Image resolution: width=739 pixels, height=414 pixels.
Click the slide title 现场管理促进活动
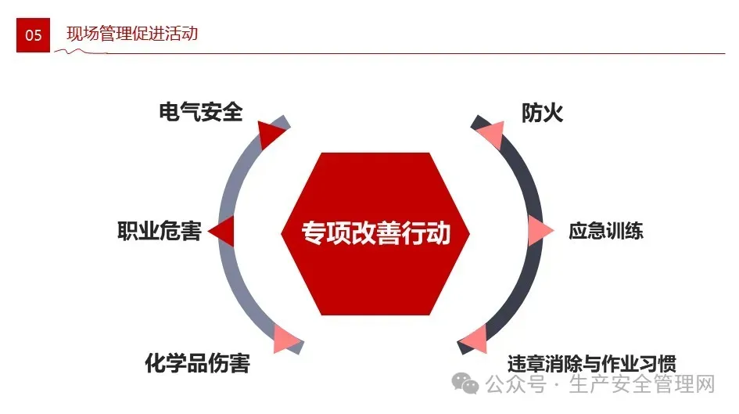click(x=132, y=34)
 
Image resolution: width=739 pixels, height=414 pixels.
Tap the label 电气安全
click(x=200, y=112)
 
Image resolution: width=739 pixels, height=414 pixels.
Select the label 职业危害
click(x=159, y=231)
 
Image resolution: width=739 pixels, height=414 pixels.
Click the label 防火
click(x=542, y=113)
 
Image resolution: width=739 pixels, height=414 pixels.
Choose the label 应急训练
click(x=605, y=231)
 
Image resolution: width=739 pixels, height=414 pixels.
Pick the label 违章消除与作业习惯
click(x=590, y=363)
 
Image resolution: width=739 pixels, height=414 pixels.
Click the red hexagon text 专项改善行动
click(x=376, y=232)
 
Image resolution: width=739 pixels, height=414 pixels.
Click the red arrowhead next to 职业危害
click(x=222, y=231)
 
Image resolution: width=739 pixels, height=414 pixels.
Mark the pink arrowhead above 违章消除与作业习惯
click(x=473, y=340)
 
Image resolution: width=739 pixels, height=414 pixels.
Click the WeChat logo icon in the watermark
click(x=468, y=384)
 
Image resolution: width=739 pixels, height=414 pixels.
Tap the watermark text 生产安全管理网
click(x=643, y=385)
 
